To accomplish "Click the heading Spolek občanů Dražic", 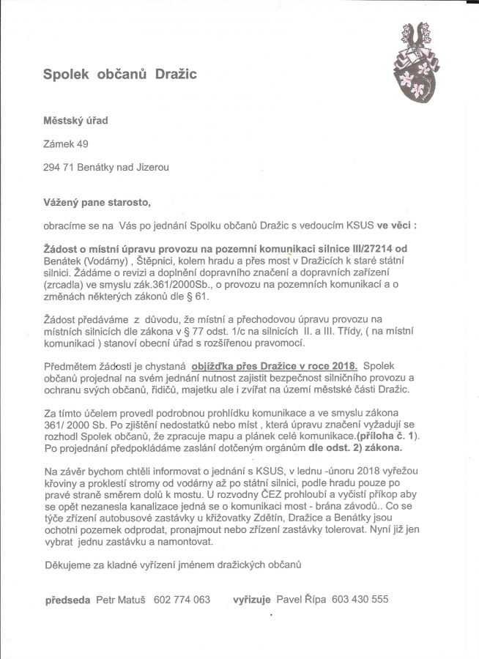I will click(120, 74).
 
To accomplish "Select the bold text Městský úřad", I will click(75, 119).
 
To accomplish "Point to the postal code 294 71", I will click(57, 167).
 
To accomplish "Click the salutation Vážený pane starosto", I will click(97, 202).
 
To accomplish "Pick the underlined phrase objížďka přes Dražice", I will click(262, 365).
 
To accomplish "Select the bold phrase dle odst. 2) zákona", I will click(354, 447).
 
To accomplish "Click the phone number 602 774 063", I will click(182, 600).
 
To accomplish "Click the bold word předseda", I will click(68, 600).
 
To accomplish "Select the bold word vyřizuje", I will click(253, 600).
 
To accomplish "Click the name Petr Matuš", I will click(122, 600).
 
